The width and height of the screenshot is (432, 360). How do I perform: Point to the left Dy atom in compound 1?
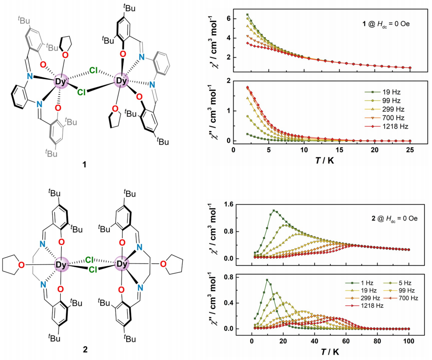pos(61,81)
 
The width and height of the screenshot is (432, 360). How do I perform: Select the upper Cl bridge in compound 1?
pos(94,72)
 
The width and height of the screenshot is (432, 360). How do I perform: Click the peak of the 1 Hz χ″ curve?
pos(267,280)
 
